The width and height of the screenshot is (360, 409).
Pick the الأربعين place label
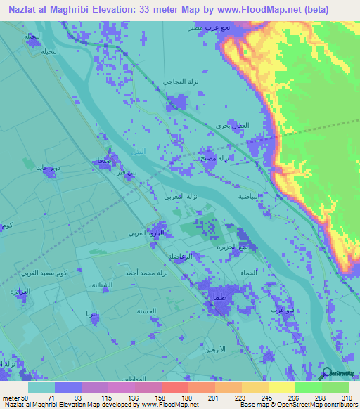click(x=213, y=349)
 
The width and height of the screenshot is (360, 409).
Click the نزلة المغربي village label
click(x=188, y=197)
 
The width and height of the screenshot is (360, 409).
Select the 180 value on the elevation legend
click(x=174, y=397)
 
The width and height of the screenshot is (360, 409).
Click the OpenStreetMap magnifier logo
click(x=326, y=373)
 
